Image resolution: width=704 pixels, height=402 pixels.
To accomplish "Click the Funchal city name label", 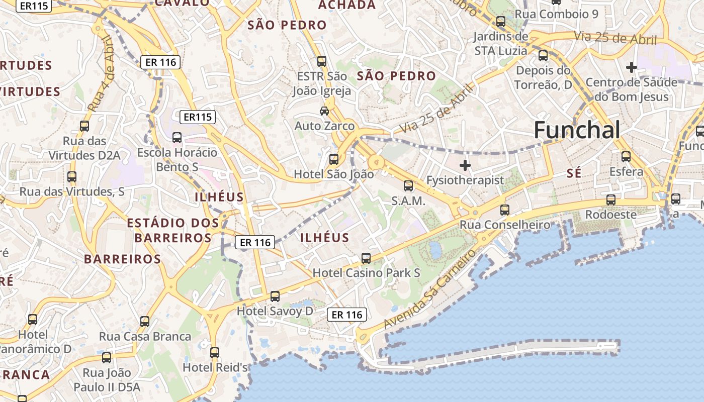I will pyautogui.click(x=577, y=130).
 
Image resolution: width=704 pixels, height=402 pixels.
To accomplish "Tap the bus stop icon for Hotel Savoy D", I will pyautogui.click(x=275, y=296).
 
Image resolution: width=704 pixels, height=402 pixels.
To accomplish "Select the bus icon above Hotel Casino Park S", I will pyautogui.click(x=366, y=258).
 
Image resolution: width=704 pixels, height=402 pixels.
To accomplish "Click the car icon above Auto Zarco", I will pyautogui.click(x=324, y=111).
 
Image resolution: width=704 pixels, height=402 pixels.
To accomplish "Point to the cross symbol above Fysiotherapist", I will pyautogui.click(x=465, y=165).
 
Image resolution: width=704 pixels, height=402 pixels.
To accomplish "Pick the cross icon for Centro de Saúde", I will pyautogui.click(x=631, y=67).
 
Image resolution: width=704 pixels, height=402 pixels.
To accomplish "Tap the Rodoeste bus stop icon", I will pyautogui.click(x=610, y=200).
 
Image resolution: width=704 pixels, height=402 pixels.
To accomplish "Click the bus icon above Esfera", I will pyautogui.click(x=626, y=157).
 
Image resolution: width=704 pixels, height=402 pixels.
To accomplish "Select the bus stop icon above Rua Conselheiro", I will pyautogui.click(x=505, y=210).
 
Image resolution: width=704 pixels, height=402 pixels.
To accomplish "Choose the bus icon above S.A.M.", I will pyautogui.click(x=408, y=186).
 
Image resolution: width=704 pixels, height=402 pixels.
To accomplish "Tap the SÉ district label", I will pyautogui.click(x=574, y=173).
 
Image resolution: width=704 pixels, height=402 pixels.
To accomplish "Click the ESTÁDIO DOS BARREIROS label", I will pyautogui.click(x=172, y=230).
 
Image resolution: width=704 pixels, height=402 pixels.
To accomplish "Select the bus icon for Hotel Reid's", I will pyautogui.click(x=215, y=353).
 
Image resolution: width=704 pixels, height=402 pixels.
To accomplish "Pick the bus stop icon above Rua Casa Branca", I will pyautogui.click(x=145, y=322).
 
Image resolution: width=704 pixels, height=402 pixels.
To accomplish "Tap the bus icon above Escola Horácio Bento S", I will pyautogui.click(x=177, y=138).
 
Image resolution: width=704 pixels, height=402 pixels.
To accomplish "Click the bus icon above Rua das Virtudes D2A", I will pyautogui.click(x=84, y=126).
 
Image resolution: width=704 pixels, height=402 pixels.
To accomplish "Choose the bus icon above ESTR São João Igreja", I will pyautogui.click(x=322, y=61).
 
